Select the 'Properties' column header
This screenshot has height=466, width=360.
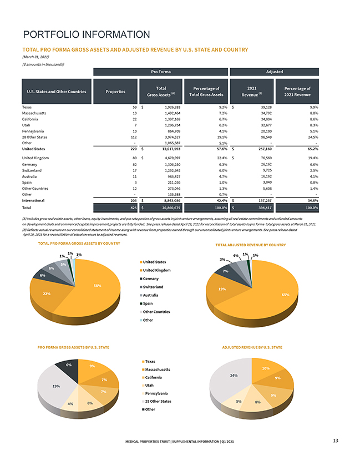tap(115, 91)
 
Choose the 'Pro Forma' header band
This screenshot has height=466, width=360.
tap(160, 72)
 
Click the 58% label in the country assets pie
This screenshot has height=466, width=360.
tap(97, 286)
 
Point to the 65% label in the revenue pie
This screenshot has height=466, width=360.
tap(285, 295)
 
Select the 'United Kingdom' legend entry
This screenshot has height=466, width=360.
tap(156, 270)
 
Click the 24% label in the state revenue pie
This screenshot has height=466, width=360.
tap(234, 376)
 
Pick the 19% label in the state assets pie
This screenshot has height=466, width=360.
tap(56, 386)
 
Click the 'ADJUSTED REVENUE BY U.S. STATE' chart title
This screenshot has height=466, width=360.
tap(252, 347)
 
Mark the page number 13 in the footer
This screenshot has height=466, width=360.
tap(336, 441)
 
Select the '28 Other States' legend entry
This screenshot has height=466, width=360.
tap(158, 401)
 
